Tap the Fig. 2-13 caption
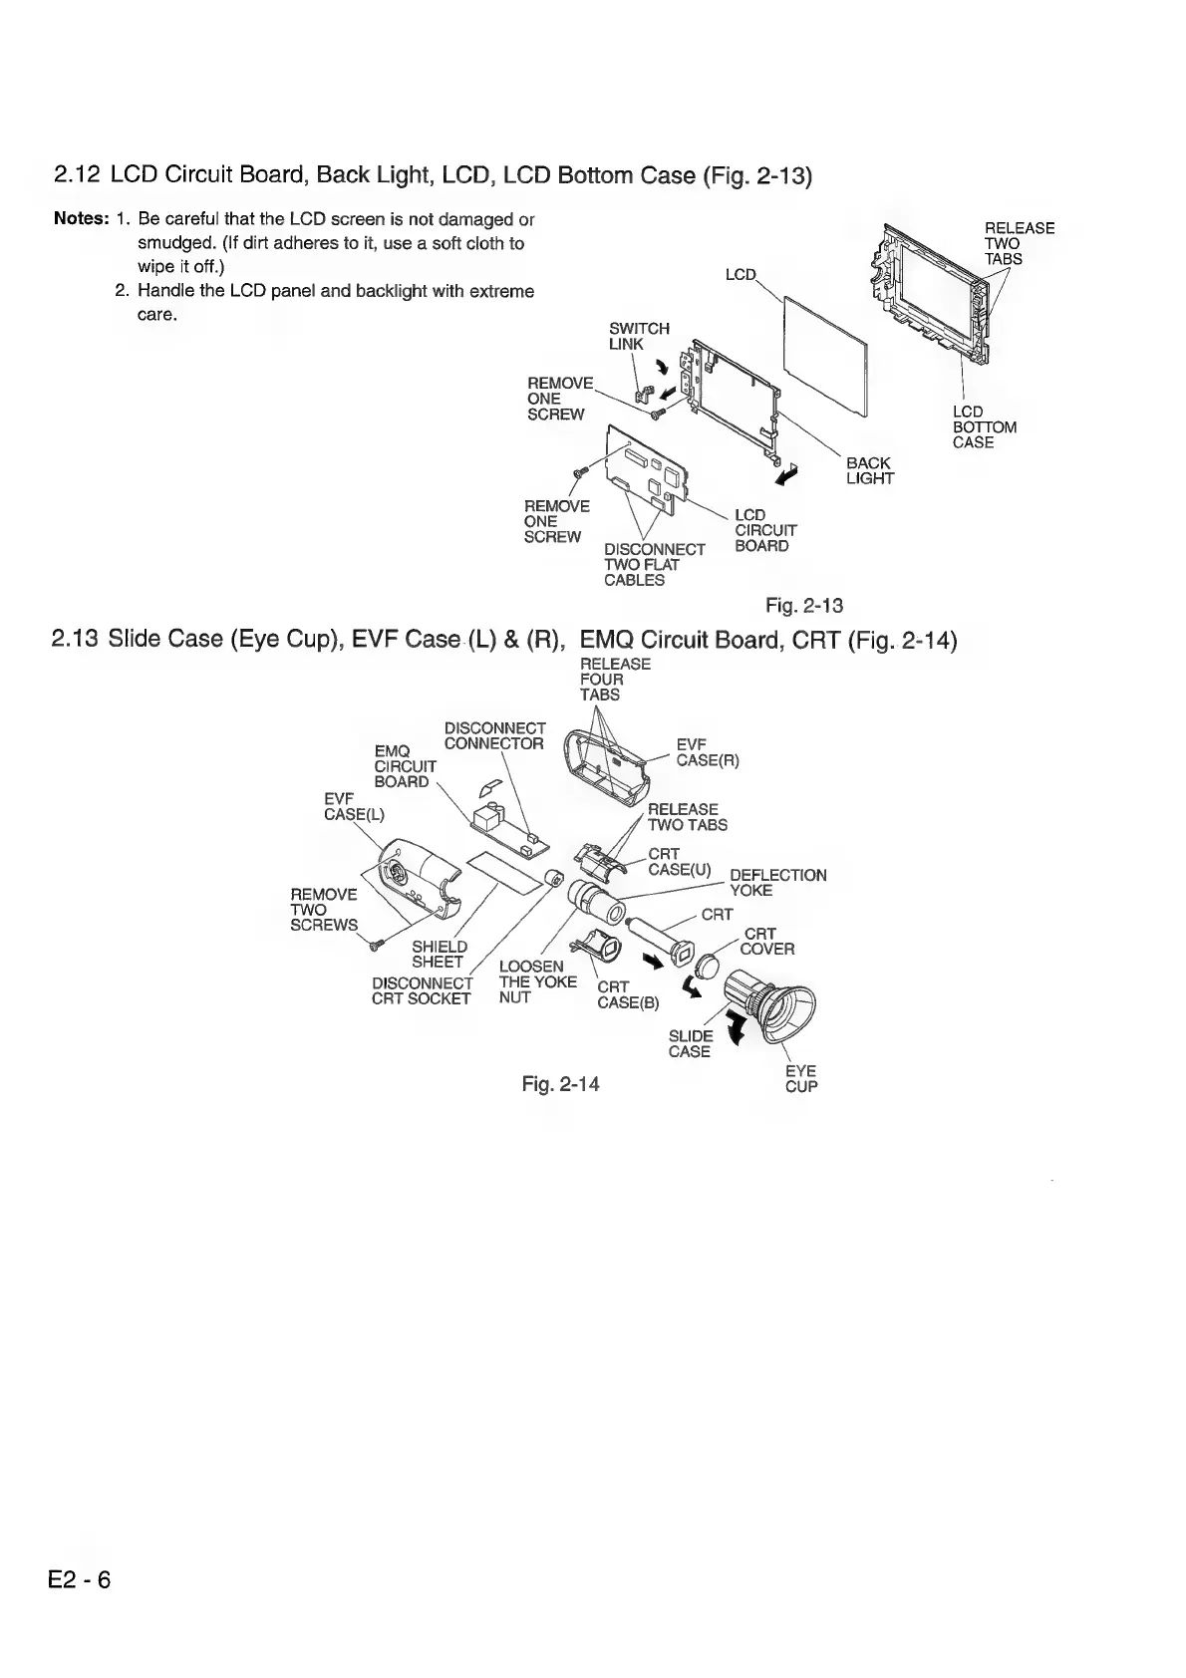[804, 605]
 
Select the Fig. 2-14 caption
[561, 1083]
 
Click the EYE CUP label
[801, 1079]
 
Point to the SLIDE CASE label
[690, 1043]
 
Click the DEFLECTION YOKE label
[777, 882]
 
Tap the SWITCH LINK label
[638, 336]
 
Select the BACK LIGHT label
[869, 470]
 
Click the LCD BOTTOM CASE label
[984, 426]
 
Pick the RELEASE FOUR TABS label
[615, 679]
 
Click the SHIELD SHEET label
[440, 954]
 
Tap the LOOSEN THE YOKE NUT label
[537, 981]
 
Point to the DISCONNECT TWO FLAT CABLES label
[654, 565]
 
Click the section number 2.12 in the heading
[77, 176]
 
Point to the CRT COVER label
[766, 942]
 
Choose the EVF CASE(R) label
[707, 752]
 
